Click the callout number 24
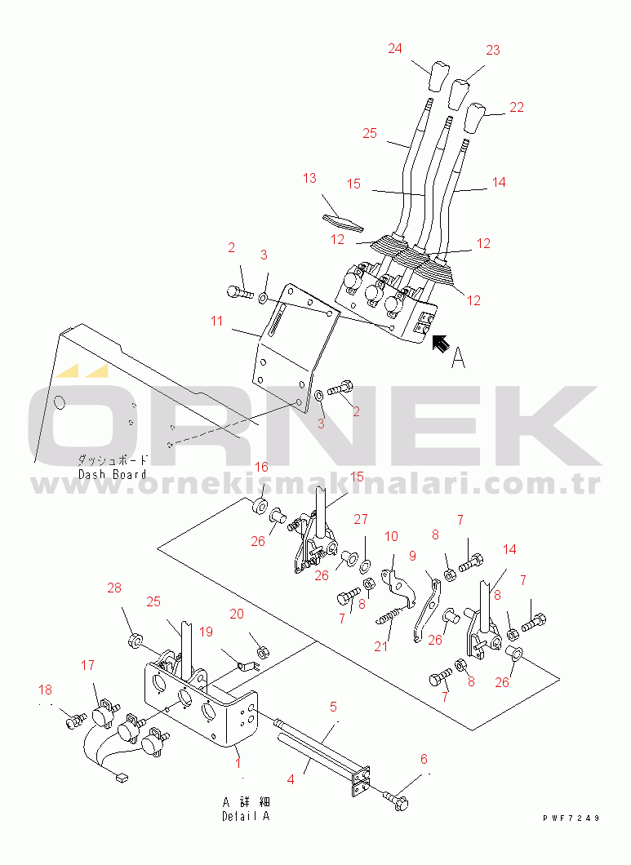pyautogui.click(x=395, y=48)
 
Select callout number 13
pyautogui.click(x=309, y=178)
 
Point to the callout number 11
pyautogui.click(x=216, y=321)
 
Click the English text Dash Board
pyautogui.click(x=113, y=474)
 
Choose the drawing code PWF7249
pyautogui.click(x=571, y=818)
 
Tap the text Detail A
pyautogui.click(x=246, y=816)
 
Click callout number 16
pyautogui.click(x=261, y=468)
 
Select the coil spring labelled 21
pyautogui.click(x=393, y=612)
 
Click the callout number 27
pyautogui.click(x=361, y=519)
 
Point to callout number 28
pyautogui.click(x=114, y=588)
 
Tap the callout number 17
pyautogui.click(x=88, y=665)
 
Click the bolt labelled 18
pyautogui.click(x=76, y=720)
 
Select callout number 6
pyautogui.click(x=424, y=759)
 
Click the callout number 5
pyautogui.click(x=333, y=707)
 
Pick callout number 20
pyautogui.click(x=237, y=614)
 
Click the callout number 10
pyautogui.click(x=391, y=536)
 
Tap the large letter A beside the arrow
pyautogui.click(x=458, y=358)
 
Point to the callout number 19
pyautogui.click(x=206, y=632)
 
